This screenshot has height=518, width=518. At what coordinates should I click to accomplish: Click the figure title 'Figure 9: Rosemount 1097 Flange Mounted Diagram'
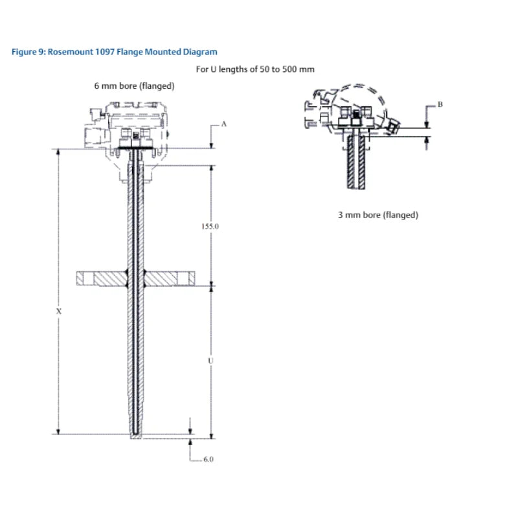(115, 52)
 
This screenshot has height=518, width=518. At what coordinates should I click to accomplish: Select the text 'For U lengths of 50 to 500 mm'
(255, 69)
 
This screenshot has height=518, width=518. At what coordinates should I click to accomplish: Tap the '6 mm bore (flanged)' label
(134, 85)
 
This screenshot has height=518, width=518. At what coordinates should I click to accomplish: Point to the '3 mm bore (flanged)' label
(378, 215)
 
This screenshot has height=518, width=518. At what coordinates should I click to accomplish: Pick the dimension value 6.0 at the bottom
(208, 459)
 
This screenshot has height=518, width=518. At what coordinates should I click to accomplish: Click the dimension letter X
(59, 311)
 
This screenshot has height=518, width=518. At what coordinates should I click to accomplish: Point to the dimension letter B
(440, 104)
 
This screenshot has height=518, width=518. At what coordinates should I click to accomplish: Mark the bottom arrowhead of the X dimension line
(59, 432)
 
